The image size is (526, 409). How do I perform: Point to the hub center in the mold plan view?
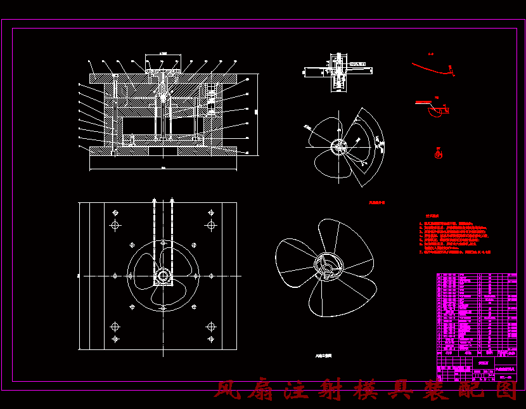tap(163, 276)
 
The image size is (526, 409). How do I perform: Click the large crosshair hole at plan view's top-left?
tap(115, 225)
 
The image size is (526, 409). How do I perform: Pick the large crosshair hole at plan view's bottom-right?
tap(211, 327)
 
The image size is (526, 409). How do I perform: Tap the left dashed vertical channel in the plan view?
tap(155, 235)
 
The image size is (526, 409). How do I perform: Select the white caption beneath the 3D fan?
tap(323, 356)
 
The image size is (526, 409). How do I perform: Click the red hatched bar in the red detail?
tap(422, 101)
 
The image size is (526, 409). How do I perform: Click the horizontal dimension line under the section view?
tap(163, 169)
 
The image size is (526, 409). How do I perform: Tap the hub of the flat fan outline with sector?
tap(339, 147)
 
